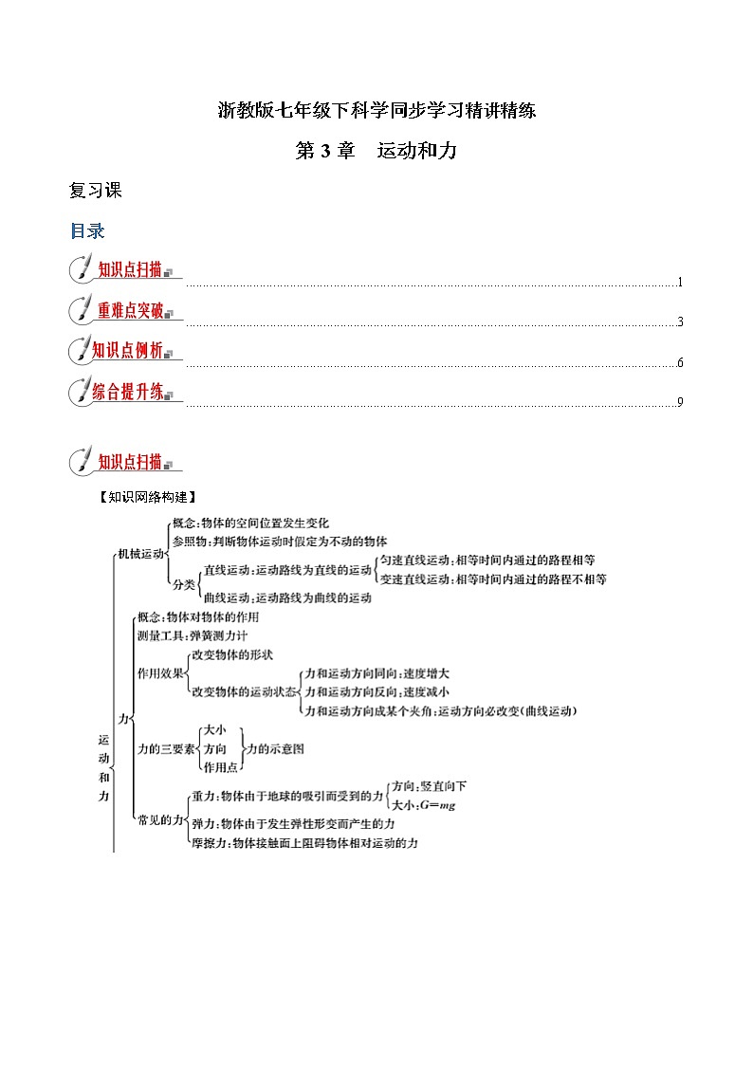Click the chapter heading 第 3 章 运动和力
click(376, 151)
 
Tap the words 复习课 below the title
click(96, 190)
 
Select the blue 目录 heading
click(87, 230)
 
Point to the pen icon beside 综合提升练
click(80, 391)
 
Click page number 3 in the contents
click(680, 322)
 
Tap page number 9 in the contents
click(680, 402)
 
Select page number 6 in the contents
click(680, 363)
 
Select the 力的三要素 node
click(166, 748)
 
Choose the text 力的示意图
click(274, 748)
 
